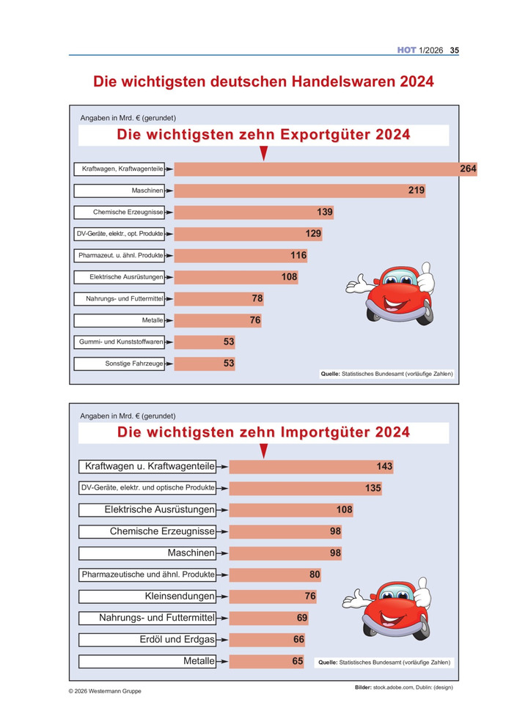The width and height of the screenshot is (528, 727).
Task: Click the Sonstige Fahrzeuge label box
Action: (122, 363)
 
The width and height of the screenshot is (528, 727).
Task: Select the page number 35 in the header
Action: (454, 51)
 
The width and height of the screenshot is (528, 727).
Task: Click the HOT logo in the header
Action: (406, 51)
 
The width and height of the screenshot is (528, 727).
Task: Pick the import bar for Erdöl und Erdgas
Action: (260, 640)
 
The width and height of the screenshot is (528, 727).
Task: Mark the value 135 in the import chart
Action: (373, 488)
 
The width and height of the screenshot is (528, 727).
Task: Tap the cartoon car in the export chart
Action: (392, 293)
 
